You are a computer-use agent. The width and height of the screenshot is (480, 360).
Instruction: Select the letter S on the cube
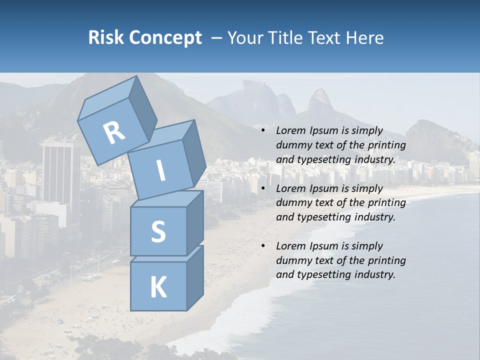pos(158,231)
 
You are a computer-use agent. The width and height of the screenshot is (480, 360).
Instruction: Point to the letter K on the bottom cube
pos(158,287)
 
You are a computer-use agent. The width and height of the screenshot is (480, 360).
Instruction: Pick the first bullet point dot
pos(263,131)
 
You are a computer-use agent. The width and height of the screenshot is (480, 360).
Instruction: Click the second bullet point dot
pos(263,188)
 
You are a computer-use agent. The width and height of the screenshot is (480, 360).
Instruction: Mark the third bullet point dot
pos(263,246)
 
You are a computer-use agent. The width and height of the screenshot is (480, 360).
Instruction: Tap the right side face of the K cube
pos(195,277)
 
